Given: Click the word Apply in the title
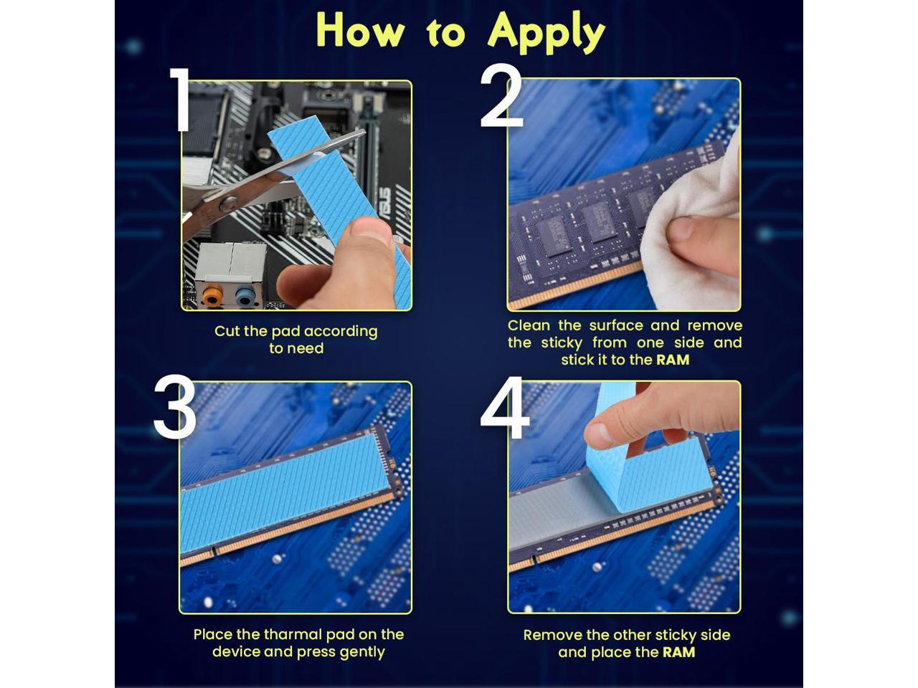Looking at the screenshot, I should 546,33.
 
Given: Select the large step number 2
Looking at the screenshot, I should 502,97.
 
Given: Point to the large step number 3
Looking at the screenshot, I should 175,410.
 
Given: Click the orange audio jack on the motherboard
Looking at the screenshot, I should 211,295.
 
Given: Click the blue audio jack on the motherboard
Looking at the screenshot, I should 245,295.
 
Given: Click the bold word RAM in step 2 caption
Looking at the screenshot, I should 673,360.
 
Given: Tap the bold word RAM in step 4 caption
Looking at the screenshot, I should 678,652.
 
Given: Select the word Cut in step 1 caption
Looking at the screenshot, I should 227,331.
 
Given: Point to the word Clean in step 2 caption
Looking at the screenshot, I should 530,325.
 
